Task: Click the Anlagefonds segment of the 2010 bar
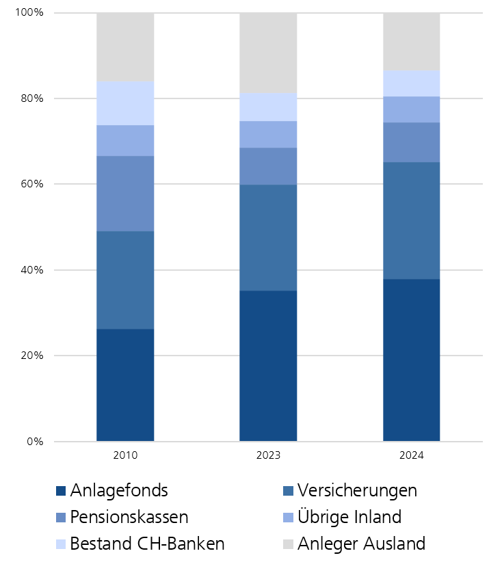(125, 385)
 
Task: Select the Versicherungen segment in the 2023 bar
(268, 237)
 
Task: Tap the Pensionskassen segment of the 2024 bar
(411, 142)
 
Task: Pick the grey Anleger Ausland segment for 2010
(125, 47)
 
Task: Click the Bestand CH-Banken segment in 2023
(268, 107)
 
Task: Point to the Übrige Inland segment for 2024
(411, 109)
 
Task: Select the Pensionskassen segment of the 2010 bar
(125, 193)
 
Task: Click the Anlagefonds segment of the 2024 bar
(411, 360)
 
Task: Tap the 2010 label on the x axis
(125, 455)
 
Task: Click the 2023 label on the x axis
(268, 455)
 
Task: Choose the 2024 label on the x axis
(411, 455)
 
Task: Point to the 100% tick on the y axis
(29, 13)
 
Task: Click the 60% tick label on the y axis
(31, 185)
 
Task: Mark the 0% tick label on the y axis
(35, 442)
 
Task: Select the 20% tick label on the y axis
(31, 356)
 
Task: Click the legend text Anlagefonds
(119, 490)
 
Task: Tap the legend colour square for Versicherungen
(288, 491)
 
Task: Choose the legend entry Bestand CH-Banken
(147, 544)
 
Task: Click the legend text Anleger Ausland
(361, 544)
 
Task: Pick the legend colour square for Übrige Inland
(288, 518)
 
